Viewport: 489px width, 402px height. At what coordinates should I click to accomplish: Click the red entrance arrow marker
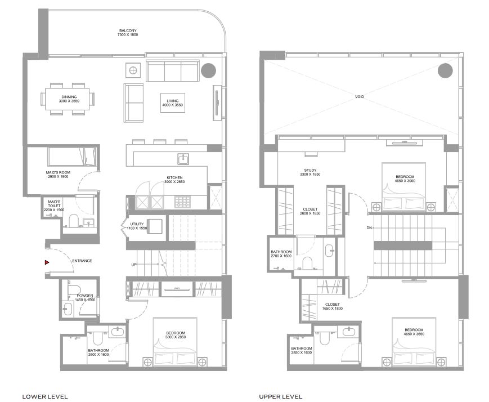tap(47, 262)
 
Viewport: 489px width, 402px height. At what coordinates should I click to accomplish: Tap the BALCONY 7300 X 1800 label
tap(128, 33)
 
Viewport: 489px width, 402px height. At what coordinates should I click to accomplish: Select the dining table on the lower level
tap(68, 99)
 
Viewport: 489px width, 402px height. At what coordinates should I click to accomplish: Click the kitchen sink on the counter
tap(183, 159)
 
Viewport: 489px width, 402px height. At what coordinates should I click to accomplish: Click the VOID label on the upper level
tap(359, 97)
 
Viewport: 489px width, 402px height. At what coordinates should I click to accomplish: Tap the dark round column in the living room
tap(208, 70)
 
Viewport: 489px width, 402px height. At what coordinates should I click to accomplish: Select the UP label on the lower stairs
tap(134, 265)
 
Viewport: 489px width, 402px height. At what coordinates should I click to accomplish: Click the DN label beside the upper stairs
tap(369, 228)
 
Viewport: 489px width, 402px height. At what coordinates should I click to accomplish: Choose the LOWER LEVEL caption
tap(45, 397)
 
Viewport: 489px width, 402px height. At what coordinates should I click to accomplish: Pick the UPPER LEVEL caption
tap(280, 397)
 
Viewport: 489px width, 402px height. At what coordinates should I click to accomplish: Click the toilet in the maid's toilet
tap(74, 220)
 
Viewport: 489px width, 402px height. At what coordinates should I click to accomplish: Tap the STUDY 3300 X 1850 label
tap(310, 172)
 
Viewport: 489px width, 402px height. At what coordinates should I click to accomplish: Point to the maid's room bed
tap(72, 157)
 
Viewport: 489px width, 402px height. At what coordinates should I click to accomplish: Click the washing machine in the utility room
tap(154, 226)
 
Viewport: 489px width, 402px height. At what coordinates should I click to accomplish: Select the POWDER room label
tap(85, 296)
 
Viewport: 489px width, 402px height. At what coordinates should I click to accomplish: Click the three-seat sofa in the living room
tap(173, 71)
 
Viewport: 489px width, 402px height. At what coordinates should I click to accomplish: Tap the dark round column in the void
tap(445, 71)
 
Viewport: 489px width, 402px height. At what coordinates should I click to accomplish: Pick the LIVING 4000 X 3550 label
tap(172, 103)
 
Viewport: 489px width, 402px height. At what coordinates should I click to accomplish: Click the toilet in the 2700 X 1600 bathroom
tap(307, 263)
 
